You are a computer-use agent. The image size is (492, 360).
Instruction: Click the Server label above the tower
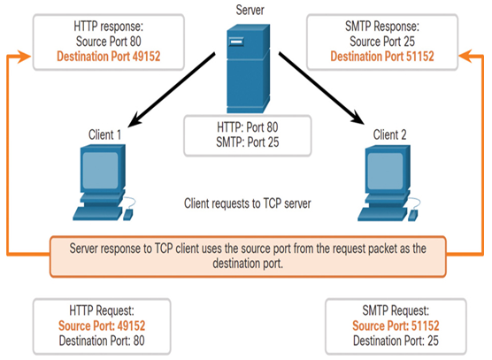click(x=250, y=10)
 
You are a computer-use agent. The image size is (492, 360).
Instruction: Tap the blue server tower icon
click(x=248, y=68)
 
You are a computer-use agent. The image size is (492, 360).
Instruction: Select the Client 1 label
click(x=104, y=134)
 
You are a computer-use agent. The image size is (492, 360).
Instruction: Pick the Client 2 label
click(x=389, y=134)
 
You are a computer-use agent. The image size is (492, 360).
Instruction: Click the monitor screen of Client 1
click(x=100, y=171)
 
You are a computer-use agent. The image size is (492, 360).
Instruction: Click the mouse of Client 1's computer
click(x=128, y=214)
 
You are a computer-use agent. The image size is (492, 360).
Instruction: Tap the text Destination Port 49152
click(x=109, y=57)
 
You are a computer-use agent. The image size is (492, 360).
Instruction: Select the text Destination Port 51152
click(x=382, y=57)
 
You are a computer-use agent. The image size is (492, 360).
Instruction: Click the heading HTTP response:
click(x=109, y=27)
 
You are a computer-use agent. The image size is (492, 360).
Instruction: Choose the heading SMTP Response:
click(x=382, y=27)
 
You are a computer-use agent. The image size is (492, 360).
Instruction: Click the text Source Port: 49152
click(x=102, y=326)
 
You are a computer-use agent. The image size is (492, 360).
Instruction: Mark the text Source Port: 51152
click(x=396, y=326)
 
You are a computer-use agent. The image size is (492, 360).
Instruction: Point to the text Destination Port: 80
click(x=102, y=341)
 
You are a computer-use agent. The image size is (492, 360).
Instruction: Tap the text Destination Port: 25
click(x=396, y=341)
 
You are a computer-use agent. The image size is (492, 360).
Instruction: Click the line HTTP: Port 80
click(x=248, y=127)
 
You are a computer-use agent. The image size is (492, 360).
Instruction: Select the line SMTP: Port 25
click(x=248, y=142)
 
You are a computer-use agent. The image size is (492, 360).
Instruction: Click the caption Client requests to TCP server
click(x=248, y=203)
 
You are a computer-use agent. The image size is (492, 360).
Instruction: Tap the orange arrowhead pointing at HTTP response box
click(x=24, y=57)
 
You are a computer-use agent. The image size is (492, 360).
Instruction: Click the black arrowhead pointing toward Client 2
click(x=357, y=119)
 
